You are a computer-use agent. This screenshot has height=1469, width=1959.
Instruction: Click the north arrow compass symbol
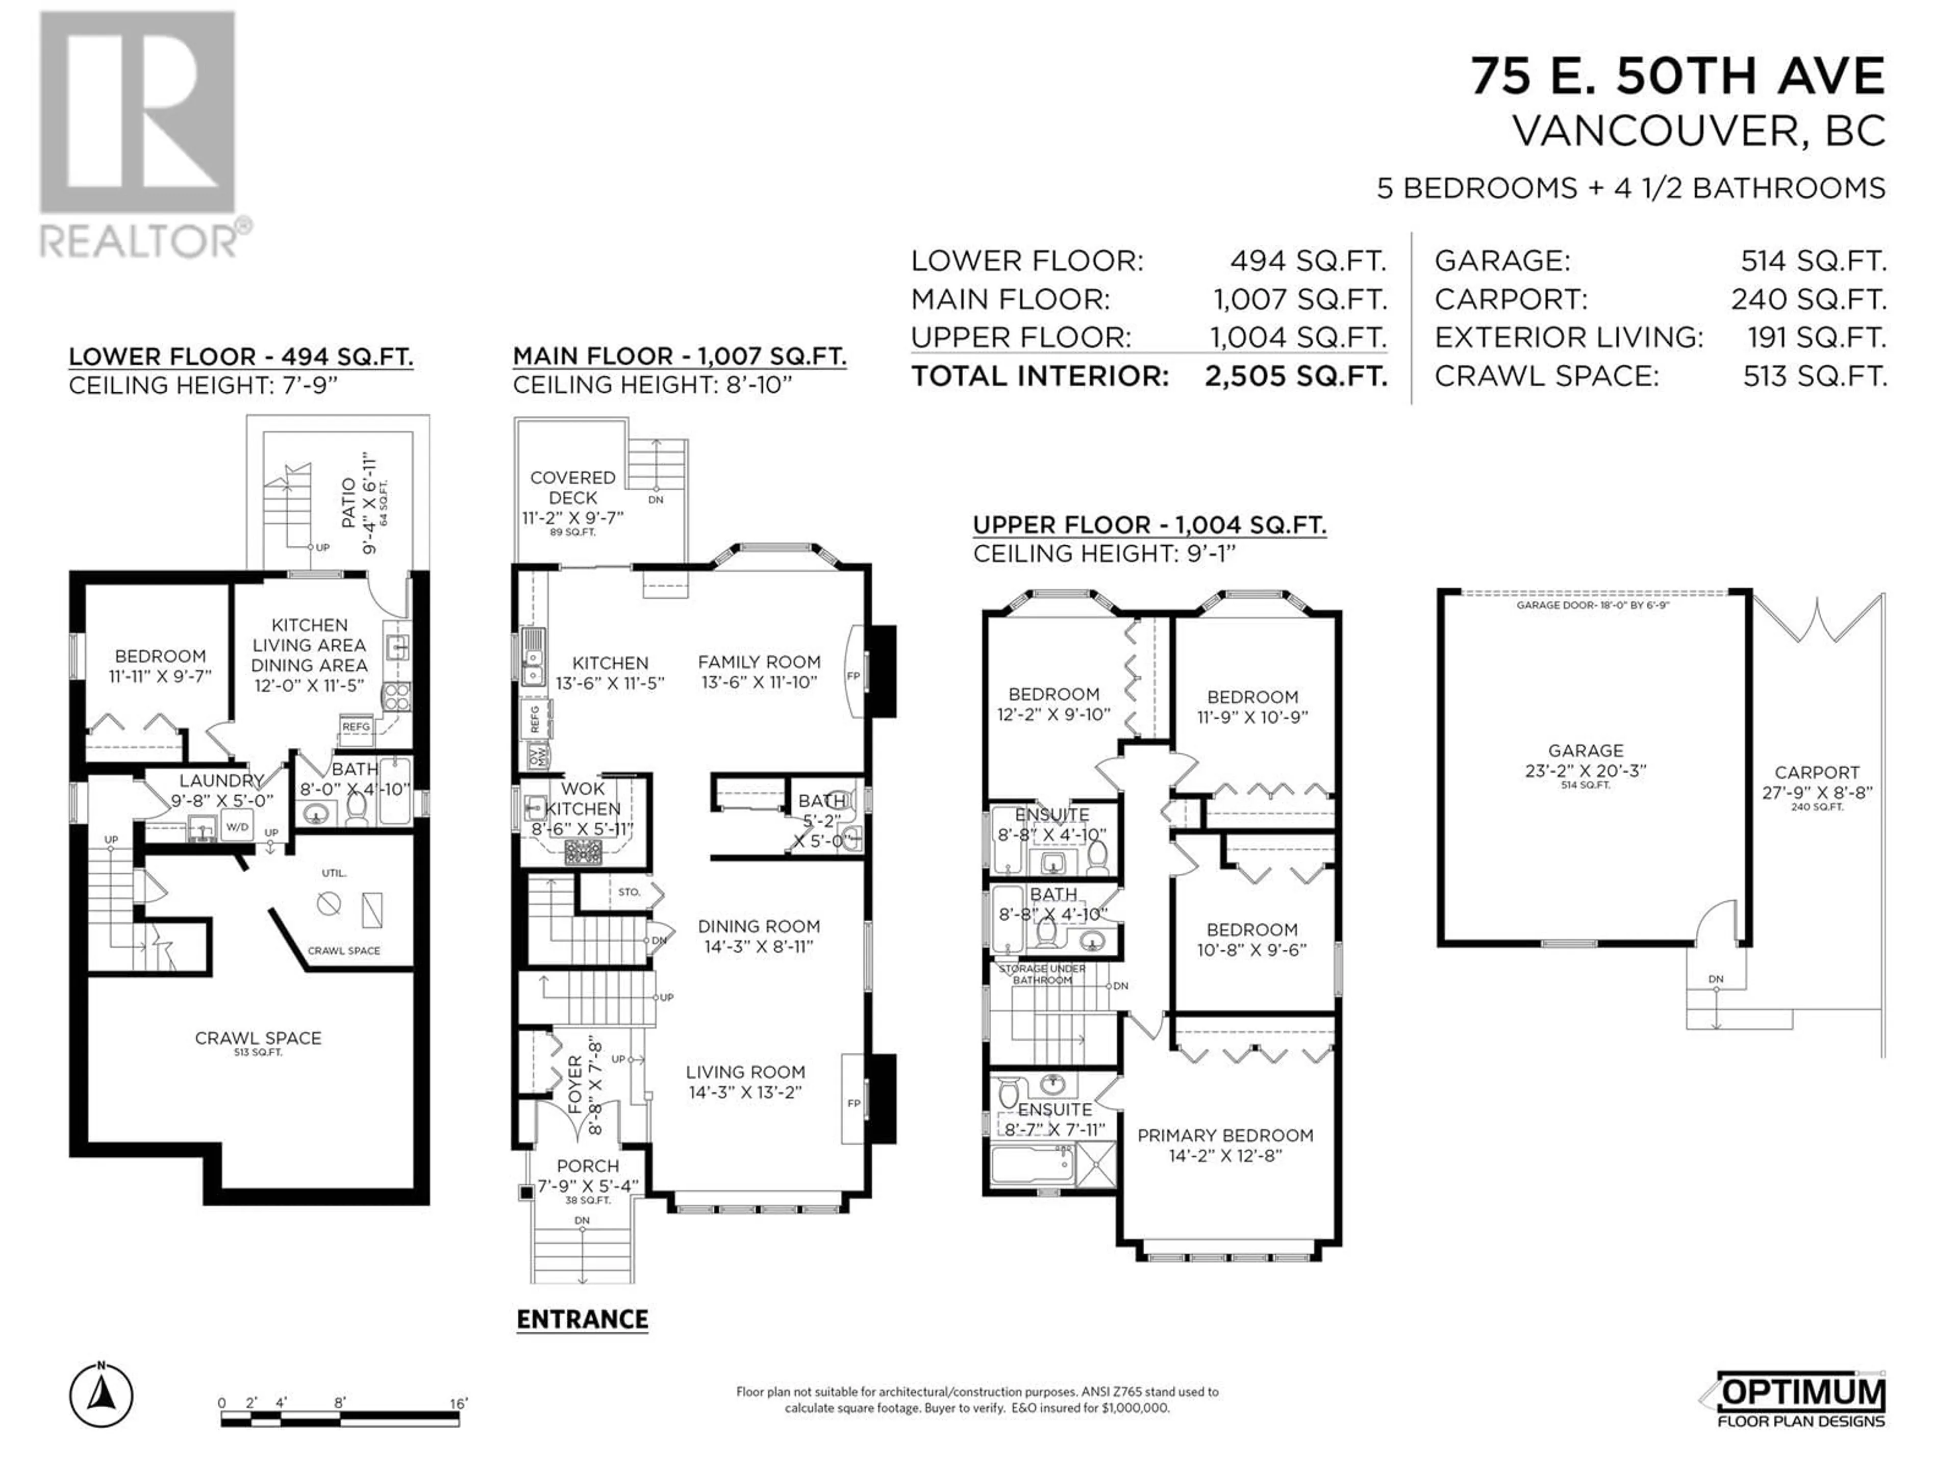102,1397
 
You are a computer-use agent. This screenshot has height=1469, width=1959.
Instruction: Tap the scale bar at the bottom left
340,1413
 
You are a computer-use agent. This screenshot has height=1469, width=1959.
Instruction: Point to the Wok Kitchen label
583,799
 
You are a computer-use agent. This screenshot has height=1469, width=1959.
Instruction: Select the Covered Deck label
573,488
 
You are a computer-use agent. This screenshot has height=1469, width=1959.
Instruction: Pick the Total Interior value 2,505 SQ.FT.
1296,376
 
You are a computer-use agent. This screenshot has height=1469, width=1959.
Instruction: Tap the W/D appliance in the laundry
237,827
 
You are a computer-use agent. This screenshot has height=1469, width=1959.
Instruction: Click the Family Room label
759,662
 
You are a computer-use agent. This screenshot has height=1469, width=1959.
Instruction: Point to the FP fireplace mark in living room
853,1103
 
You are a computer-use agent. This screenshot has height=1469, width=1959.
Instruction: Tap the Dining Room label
759,926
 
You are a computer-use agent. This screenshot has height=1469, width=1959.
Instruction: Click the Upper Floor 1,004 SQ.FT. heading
1149,525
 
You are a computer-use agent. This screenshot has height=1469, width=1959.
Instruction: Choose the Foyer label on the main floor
575,1085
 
